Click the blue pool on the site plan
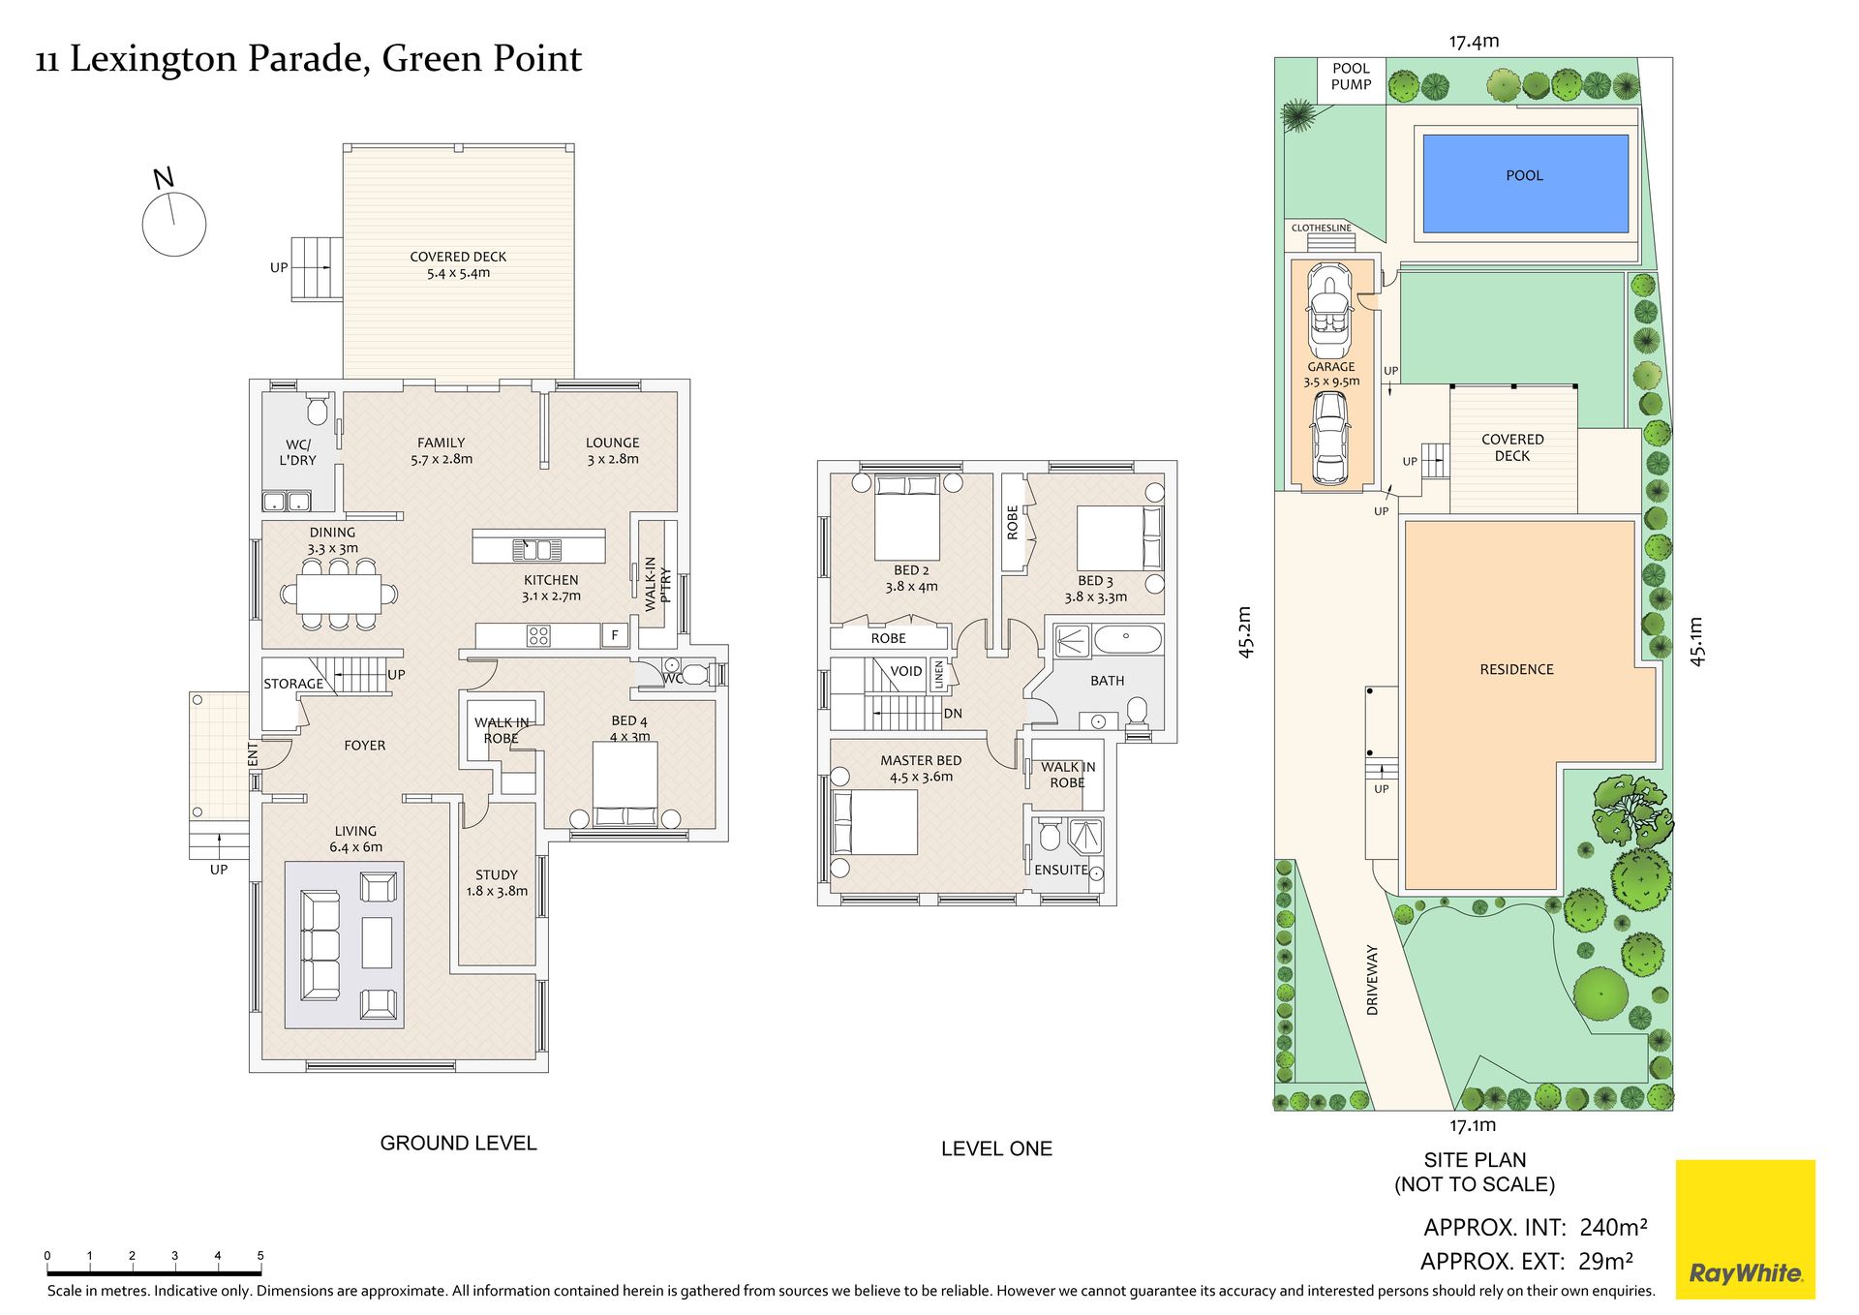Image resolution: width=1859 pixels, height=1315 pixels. (x=1525, y=183)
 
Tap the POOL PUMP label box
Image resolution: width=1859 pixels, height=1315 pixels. (x=1351, y=78)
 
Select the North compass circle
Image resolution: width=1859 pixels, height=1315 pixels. (x=174, y=224)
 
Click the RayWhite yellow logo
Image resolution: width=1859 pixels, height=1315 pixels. (x=1745, y=1229)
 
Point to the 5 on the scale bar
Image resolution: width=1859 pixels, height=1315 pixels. (x=260, y=1256)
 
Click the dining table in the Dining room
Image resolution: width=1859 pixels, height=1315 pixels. (x=339, y=595)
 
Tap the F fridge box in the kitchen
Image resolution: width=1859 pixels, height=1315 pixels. (x=615, y=636)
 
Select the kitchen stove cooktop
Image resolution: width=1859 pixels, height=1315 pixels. (x=538, y=636)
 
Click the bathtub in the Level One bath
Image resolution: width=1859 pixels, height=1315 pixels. (x=1127, y=640)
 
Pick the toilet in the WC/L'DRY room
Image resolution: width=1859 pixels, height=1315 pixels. (x=318, y=411)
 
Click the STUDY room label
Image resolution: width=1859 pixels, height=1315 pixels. (x=497, y=874)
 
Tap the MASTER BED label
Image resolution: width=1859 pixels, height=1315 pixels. (x=921, y=761)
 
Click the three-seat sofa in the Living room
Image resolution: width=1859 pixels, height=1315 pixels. (x=320, y=945)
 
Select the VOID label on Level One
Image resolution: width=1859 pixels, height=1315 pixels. (x=906, y=671)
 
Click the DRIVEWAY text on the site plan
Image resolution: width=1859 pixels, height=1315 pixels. (x=1372, y=980)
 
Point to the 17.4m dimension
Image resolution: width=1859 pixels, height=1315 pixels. (x=1474, y=41)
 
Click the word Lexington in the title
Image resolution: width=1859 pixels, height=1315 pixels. (x=153, y=60)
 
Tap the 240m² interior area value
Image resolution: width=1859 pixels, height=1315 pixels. (x=1613, y=1227)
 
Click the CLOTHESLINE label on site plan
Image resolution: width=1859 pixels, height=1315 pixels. (x=1321, y=228)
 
